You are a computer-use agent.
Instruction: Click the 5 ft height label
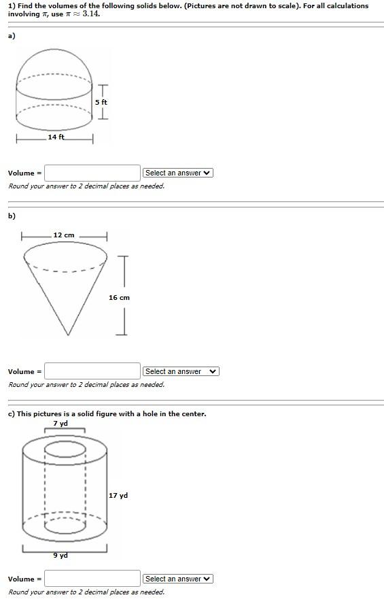[x=101, y=102]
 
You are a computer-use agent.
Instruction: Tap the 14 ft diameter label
[x=56, y=137]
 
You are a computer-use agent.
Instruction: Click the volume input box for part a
[x=92, y=173]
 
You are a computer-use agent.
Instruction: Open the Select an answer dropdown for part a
[x=178, y=173]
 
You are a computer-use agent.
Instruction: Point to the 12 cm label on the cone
[x=64, y=235]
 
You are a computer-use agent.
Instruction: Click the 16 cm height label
[x=119, y=297]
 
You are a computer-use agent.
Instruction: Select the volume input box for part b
[x=92, y=371]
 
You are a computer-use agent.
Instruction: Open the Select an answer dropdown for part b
[x=181, y=371]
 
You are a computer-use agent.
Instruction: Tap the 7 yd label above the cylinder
[x=60, y=424]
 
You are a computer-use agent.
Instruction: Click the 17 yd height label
[x=118, y=496]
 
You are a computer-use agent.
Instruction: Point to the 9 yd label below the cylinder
[x=61, y=556]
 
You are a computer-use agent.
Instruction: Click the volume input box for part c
[x=92, y=579]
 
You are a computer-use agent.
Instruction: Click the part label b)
[x=12, y=216]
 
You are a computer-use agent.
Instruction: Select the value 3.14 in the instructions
[x=91, y=14]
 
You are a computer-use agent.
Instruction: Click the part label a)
[x=12, y=36]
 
